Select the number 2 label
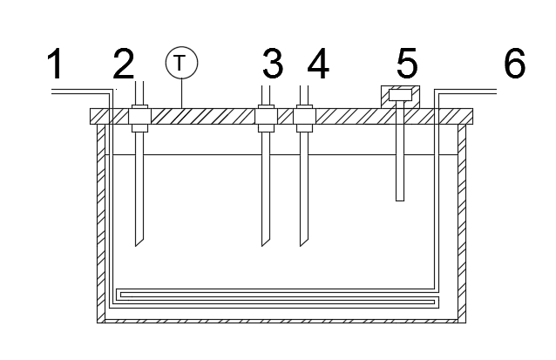(x=124, y=65)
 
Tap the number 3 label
(x=273, y=65)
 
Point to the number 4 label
(x=318, y=65)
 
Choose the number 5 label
(x=408, y=65)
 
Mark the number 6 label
(x=514, y=65)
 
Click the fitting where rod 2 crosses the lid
(x=138, y=117)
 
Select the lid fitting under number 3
(x=265, y=117)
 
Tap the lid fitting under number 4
(x=303, y=117)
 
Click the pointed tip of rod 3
(x=265, y=244)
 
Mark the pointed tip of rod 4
(x=303, y=244)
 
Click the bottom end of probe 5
(x=400, y=199)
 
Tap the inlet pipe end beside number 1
(x=55, y=91)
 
